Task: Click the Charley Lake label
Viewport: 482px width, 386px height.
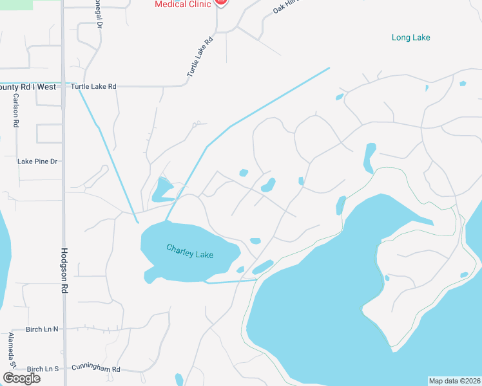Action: (x=189, y=251)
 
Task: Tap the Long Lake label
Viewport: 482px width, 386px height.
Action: (x=410, y=37)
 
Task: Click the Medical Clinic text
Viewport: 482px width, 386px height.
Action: (x=183, y=4)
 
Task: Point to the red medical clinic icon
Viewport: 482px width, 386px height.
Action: (x=221, y=3)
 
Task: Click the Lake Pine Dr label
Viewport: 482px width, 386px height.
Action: (x=37, y=161)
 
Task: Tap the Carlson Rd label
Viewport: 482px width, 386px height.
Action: (x=15, y=111)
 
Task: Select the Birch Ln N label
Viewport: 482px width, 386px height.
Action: (x=42, y=329)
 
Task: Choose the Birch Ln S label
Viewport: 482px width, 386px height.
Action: (x=42, y=369)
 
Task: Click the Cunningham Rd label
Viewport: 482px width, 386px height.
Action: (x=96, y=369)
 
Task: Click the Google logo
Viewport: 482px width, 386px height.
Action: (x=21, y=378)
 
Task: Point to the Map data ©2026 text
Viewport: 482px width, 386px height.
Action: (x=454, y=381)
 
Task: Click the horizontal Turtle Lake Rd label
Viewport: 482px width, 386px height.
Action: (x=93, y=86)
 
